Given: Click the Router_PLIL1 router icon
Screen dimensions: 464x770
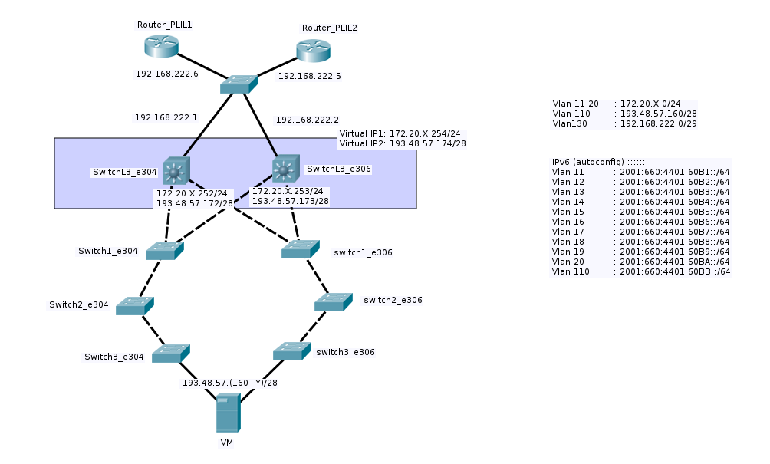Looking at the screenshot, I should [x=161, y=46].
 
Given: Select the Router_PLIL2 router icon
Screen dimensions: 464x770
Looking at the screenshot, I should [x=313, y=51].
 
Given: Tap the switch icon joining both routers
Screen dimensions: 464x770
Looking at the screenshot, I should [x=239, y=84].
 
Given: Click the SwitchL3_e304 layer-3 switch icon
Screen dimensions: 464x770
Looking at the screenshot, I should [x=176, y=171].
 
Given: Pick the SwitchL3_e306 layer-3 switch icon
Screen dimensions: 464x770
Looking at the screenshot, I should [x=285, y=168].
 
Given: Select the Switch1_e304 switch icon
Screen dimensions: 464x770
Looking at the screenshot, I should [x=165, y=250].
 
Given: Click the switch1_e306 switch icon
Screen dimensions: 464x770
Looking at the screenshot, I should [x=300, y=248].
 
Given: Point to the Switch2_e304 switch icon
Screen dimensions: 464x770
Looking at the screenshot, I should [x=135, y=305].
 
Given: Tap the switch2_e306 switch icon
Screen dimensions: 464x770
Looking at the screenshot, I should [x=334, y=301].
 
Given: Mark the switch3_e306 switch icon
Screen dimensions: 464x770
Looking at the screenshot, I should [x=292, y=351].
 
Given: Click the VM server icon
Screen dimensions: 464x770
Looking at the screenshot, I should [x=228, y=413].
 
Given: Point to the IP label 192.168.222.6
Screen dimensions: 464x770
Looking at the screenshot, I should [x=166, y=74].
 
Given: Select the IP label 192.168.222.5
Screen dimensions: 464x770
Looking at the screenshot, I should [x=309, y=77].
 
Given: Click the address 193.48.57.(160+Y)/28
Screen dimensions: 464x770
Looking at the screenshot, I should [x=229, y=383].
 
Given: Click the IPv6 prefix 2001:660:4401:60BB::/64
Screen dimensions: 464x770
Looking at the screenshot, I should [x=674, y=271].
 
